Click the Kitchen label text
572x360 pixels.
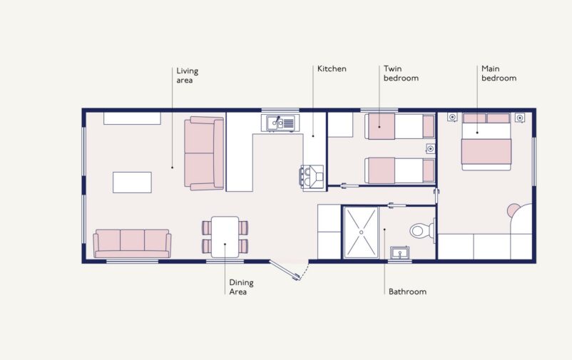click(332, 68)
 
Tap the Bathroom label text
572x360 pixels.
click(407, 292)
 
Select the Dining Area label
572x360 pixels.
click(241, 287)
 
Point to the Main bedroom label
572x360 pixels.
click(499, 73)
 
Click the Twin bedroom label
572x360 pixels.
click(401, 73)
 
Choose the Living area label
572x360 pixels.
click(187, 76)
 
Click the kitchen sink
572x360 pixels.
click(280, 123)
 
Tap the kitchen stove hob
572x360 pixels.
click(312, 178)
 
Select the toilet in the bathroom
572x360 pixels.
click(422, 230)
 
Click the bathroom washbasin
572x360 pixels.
click(399, 253)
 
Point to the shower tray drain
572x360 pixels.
click(361, 232)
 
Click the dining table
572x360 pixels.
click(225, 237)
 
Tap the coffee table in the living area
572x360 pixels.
click(132, 182)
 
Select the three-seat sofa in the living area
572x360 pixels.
click(132, 243)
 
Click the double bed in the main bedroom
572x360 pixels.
click(486, 142)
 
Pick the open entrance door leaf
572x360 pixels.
click(285, 270)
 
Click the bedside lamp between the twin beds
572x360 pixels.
click(431, 148)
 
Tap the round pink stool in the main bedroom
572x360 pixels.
click(513, 210)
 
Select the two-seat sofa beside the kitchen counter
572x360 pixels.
click(204, 153)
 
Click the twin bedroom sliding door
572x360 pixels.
click(349, 185)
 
